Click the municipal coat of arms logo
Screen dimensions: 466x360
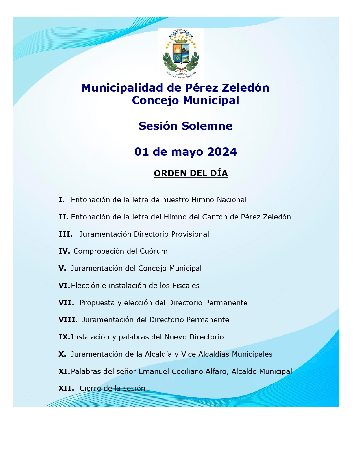[181, 53]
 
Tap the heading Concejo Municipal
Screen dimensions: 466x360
[186, 101]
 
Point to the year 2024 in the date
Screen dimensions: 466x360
[222, 152]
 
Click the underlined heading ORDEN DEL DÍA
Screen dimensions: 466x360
[191, 173]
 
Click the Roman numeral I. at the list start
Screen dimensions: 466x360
[62, 200]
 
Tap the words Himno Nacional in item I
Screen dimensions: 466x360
[219, 200]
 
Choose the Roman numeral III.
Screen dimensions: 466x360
[65, 234]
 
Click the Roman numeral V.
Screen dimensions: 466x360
[62, 268]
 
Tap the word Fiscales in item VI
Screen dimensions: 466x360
[186, 286]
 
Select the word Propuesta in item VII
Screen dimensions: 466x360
[97, 303]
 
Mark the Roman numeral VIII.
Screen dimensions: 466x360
[68, 320]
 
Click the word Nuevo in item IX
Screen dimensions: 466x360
[176, 337]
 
